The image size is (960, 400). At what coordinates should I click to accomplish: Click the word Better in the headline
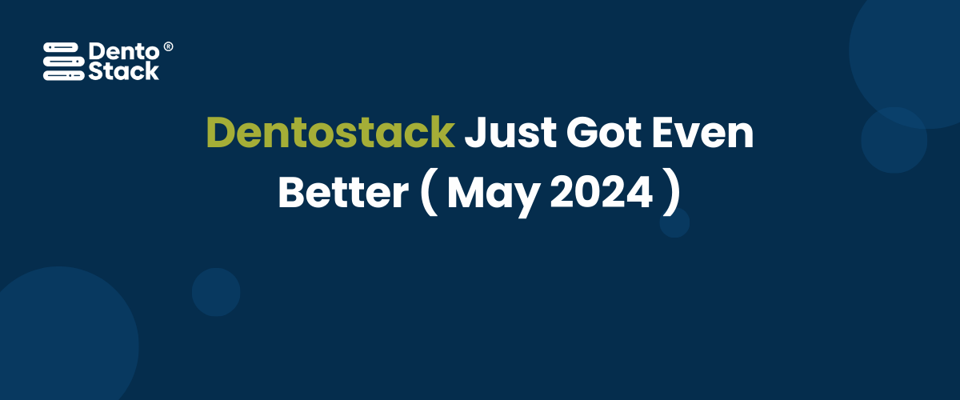(342, 193)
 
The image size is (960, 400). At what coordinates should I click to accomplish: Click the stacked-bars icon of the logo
(62, 61)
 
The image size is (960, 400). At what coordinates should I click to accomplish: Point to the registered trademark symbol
(168, 47)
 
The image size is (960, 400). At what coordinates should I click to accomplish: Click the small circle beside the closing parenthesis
(674, 222)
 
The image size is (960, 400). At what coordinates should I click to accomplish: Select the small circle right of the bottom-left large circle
(216, 292)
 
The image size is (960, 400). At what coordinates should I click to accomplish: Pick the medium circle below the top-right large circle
(894, 140)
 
